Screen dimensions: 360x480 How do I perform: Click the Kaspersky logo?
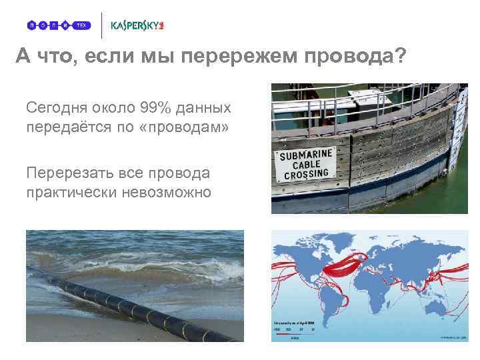[137, 25]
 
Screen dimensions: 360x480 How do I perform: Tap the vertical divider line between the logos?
[101, 25]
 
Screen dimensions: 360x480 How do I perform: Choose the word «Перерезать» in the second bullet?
[66, 173]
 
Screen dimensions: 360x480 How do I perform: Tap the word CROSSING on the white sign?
[307, 175]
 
